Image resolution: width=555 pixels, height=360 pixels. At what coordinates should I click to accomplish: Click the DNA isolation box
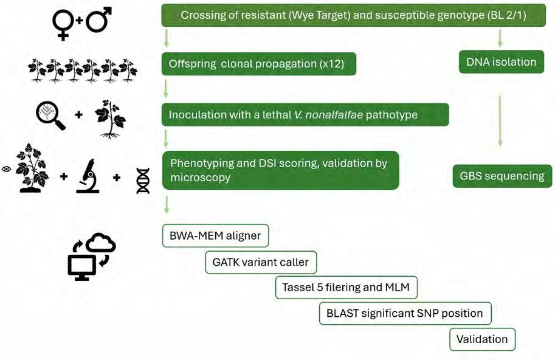(x=501, y=61)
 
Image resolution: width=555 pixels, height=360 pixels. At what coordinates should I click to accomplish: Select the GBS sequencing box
(x=502, y=176)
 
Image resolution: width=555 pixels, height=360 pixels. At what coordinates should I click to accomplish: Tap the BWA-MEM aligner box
(x=216, y=235)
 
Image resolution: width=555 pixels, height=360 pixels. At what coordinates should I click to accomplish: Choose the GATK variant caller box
(x=261, y=262)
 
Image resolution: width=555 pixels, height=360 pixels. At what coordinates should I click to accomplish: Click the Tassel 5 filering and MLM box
(x=346, y=287)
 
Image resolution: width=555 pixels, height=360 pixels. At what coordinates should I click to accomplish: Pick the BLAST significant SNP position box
(x=405, y=314)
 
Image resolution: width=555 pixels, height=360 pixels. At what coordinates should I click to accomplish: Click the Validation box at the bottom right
(x=482, y=339)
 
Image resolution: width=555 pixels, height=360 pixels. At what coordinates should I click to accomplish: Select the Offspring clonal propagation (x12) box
(x=258, y=64)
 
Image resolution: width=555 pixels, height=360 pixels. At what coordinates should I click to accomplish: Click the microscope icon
(x=88, y=176)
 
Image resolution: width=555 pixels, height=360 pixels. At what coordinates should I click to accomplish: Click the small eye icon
(x=7, y=169)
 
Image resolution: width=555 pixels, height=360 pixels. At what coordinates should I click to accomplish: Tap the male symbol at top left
(x=98, y=21)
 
